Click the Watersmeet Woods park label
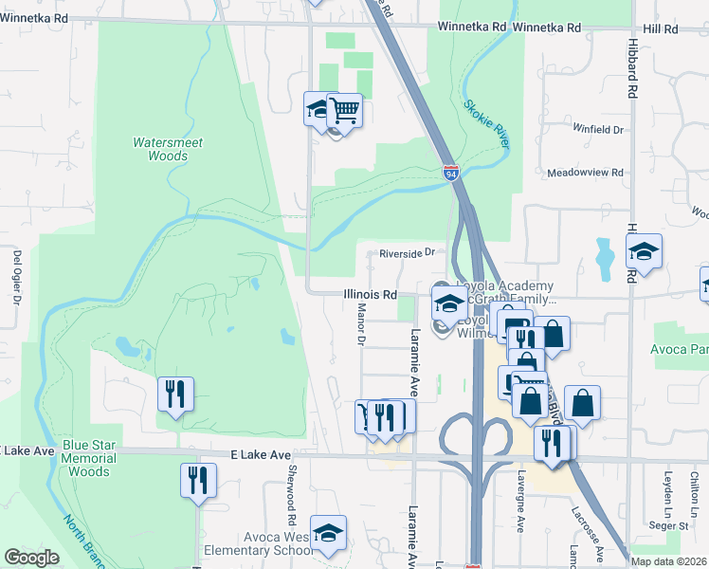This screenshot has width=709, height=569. point(168,149)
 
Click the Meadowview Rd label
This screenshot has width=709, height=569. point(586,174)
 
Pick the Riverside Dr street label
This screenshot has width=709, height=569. point(406,253)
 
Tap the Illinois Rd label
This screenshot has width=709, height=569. point(370,295)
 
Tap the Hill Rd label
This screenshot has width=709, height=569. point(660,28)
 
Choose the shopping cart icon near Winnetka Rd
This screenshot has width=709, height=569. point(345,112)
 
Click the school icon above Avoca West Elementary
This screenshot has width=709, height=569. point(328,534)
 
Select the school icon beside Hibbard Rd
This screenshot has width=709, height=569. point(644,252)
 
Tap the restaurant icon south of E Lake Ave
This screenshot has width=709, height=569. point(198,480)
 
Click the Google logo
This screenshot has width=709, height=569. point(31,558)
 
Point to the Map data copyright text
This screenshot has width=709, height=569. point(669,561)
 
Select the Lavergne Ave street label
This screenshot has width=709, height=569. point(519,510)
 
